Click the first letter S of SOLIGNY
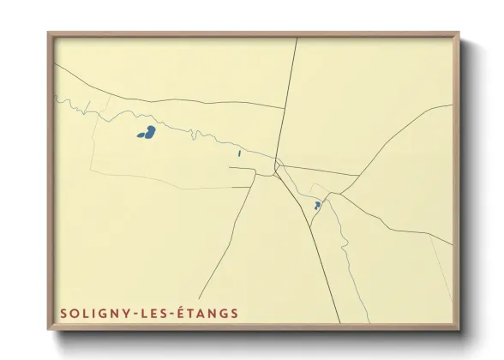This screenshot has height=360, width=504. click(x=63, y=313)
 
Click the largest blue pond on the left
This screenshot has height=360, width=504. click(x=147, y=133)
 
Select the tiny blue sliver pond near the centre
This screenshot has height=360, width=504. click(x=239, y=154)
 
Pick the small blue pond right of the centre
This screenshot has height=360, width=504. click(x=317, y=206)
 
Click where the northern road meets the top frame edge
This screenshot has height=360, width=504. click(x=297, y=39)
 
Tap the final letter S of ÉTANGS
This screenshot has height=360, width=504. click(x=234, y=313)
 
